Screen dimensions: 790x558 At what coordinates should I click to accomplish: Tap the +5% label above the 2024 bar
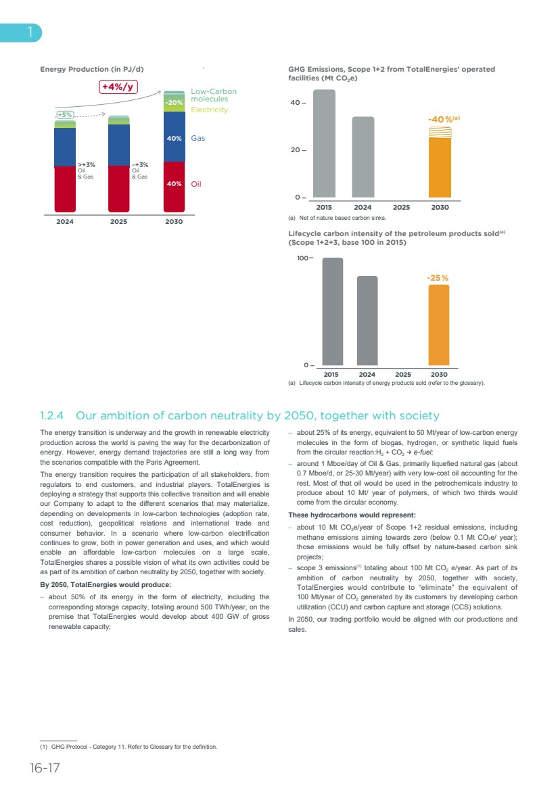65,114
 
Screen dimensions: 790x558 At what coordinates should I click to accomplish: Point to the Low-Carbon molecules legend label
214,95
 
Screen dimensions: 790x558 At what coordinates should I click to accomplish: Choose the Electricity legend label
209,110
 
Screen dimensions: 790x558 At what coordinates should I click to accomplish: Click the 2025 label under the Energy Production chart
119,221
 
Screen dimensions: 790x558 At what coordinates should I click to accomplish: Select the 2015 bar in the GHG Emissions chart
324,143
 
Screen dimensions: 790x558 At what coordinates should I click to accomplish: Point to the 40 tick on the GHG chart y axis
295,103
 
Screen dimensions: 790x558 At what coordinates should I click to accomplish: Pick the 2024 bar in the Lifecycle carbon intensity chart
367,321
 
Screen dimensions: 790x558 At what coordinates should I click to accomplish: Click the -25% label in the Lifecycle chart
437,278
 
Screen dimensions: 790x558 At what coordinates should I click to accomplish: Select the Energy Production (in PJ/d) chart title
92,70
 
